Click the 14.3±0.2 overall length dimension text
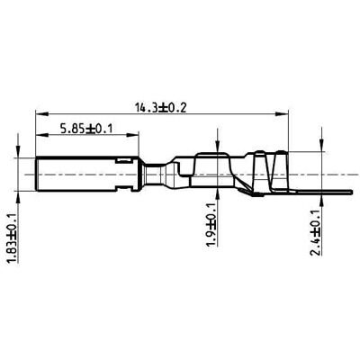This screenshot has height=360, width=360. (x=162, y=107)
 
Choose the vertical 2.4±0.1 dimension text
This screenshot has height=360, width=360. (x=314, y=233)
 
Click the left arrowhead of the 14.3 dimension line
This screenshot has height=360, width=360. (x=40, y=114)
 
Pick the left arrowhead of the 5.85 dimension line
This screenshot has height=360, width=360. (x=40, y=136)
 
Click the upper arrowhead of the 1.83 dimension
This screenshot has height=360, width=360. (x=19, y=154)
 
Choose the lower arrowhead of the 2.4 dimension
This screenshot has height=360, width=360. (x=322, y=195)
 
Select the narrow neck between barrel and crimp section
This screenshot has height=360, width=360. (x=158, y=174)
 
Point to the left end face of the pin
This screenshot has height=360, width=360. (x=36, y=174)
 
